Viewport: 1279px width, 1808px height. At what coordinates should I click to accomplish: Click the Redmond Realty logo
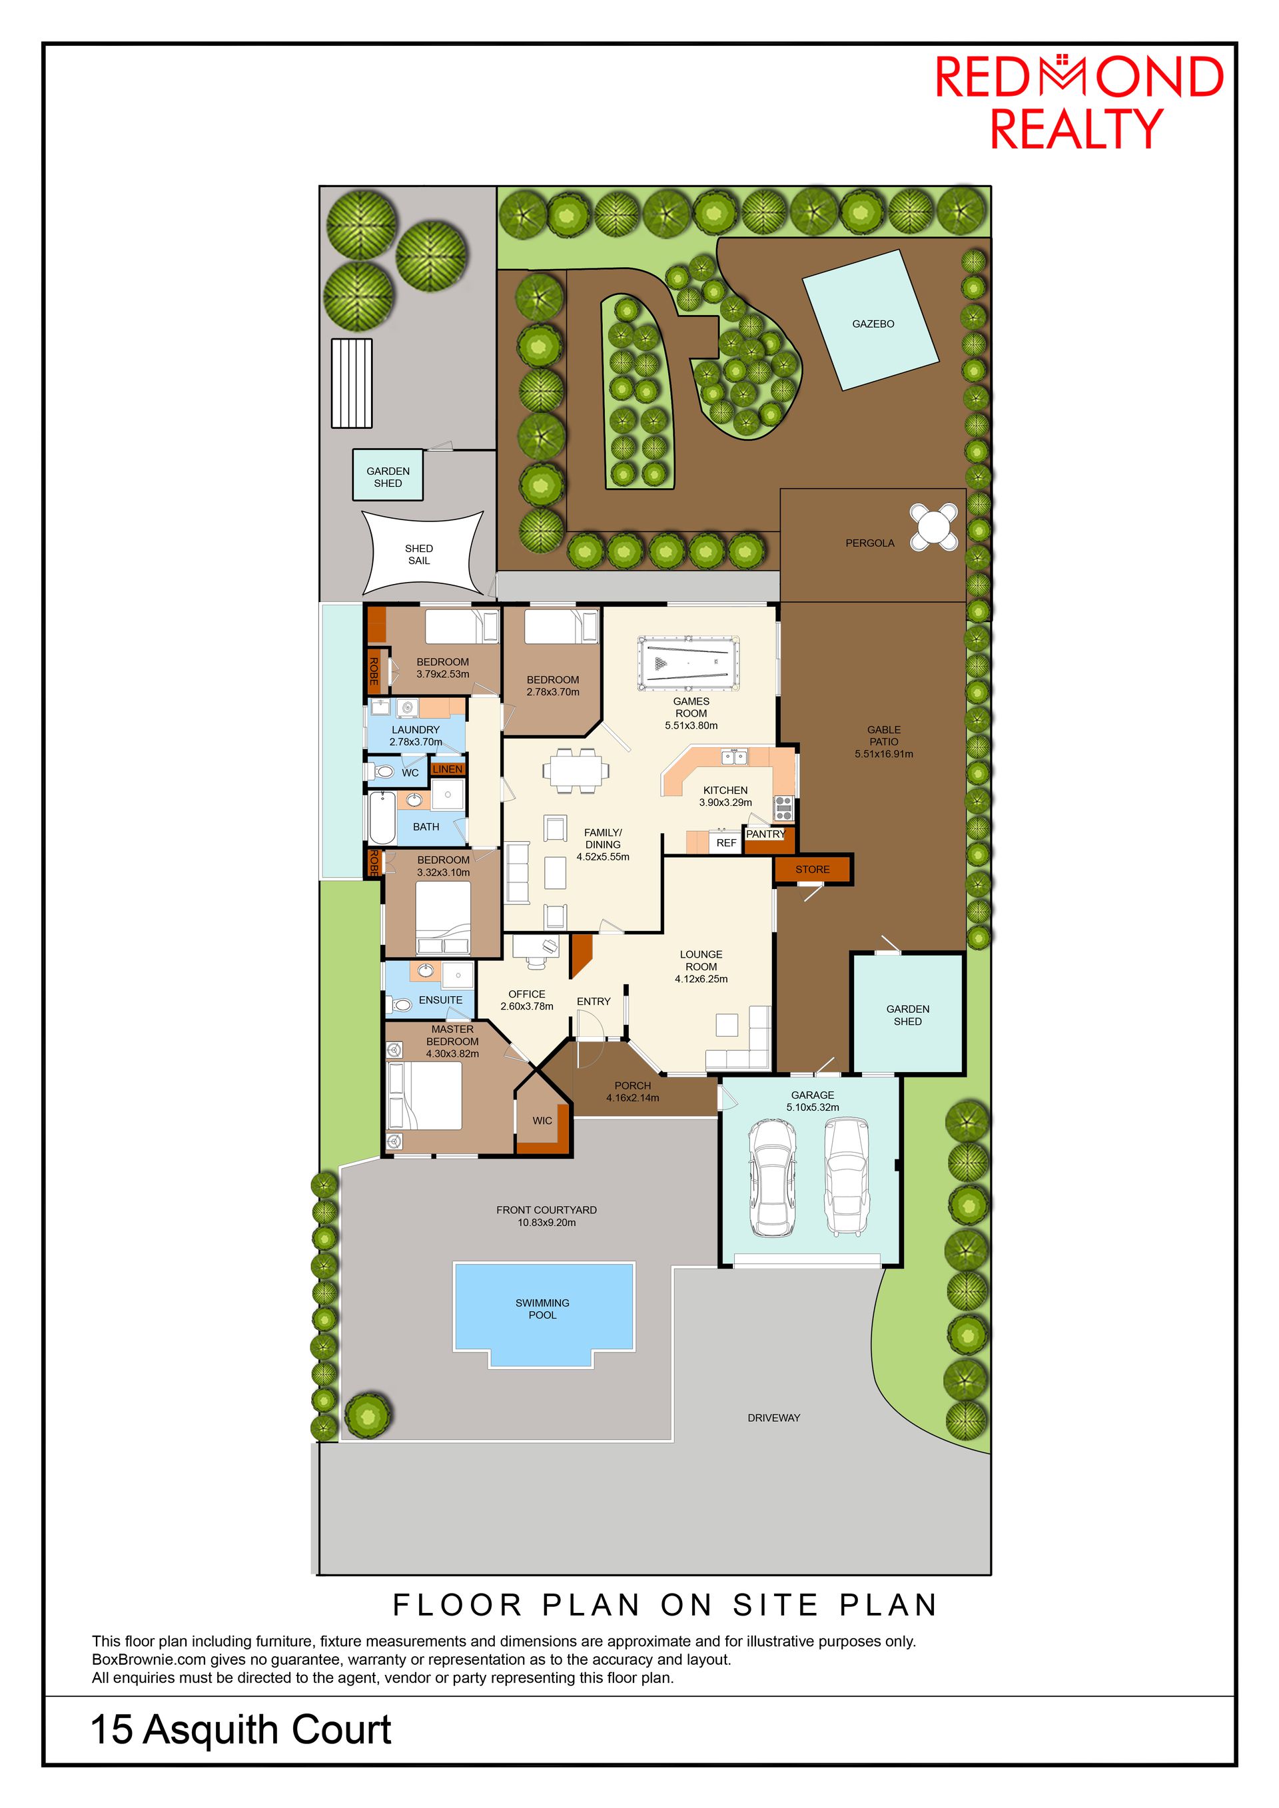click(x=1079, y=102)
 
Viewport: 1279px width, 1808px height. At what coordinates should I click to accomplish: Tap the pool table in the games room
click(x=688, y=664)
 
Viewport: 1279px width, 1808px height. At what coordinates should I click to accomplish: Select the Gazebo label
click(x=873, y=324)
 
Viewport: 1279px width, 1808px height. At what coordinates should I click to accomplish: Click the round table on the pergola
click(x=934, y=527)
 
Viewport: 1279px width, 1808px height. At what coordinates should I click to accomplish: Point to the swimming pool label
click(x=543, y=1309)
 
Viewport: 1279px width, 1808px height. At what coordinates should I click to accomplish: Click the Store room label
click(x=812, y=869)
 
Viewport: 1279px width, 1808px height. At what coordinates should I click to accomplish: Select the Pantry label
click(x=765, y=834)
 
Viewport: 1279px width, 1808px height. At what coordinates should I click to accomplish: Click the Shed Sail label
click(x=419, y=554)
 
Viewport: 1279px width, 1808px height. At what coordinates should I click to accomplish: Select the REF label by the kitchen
click(x=726, y=842)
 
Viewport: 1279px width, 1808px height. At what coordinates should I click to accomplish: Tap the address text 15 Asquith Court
click(x=241, y=1729)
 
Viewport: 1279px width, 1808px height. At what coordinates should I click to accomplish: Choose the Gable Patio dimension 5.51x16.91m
click(x=884, y=754)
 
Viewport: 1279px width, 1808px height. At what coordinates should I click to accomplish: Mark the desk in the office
click(x=536, y=946)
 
